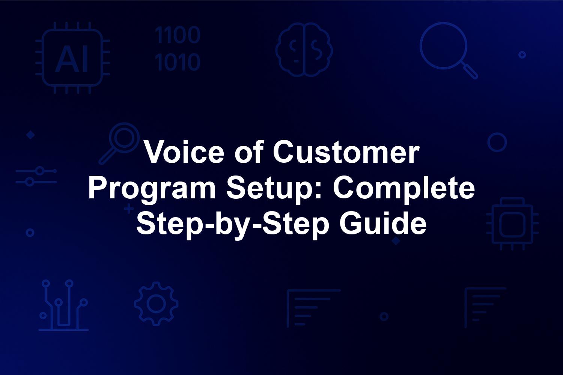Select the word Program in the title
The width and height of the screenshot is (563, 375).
[x=152, y=188]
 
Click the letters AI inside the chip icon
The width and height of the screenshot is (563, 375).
[x=72, y=59]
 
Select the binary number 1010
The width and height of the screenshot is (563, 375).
[x=178, y=62]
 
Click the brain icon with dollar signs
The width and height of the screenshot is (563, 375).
[x=304, y=49]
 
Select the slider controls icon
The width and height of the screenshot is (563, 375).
[x=36, y=176]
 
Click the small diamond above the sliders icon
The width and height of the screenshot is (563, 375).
[x=31, y=135]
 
